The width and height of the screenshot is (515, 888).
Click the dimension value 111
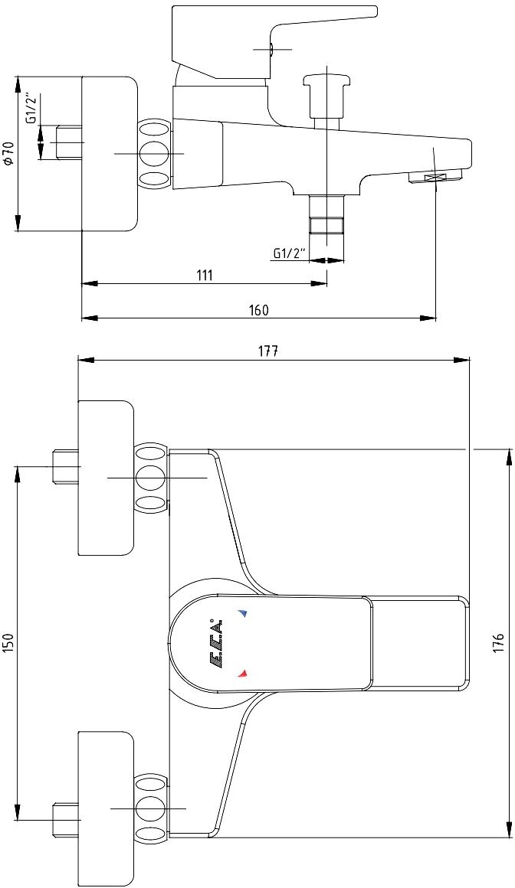pos(203,276)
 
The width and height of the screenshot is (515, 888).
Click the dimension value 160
pos(259,310)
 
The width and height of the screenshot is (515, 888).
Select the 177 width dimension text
pos(267,351)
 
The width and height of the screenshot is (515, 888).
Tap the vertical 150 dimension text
pos(9,642)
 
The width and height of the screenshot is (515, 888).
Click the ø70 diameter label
pos(8,153)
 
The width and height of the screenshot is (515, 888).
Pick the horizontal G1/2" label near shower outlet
pos(289,253)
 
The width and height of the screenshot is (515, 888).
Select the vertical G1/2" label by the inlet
pos(31,109)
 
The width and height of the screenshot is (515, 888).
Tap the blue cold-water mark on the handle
pos(243,613)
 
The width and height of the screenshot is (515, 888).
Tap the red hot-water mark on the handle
pos(243,673)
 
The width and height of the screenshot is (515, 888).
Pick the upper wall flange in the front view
pos(106,478)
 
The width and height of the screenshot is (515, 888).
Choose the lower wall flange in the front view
pos(106,808)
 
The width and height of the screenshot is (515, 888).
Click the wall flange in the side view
pos(110,153)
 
